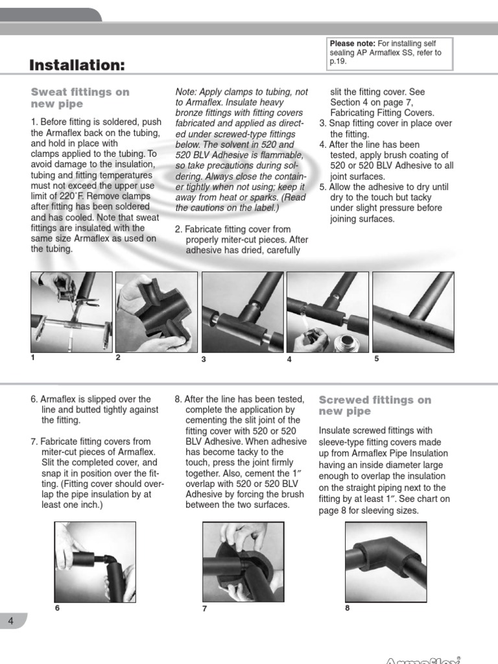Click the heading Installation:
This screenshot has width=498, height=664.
coord(77,65)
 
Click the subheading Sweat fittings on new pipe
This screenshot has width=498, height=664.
coord(80,98)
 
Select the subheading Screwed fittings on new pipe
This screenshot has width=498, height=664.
coord(375,406)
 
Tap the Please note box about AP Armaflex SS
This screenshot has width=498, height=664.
coord(390,53)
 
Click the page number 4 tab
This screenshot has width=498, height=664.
coord(11,621)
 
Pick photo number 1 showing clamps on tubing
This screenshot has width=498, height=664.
coord(71,311)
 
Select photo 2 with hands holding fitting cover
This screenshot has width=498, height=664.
coord(156,311)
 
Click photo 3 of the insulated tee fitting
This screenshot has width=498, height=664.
coord(243,311)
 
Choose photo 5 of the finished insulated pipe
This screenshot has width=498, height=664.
coord(412,311)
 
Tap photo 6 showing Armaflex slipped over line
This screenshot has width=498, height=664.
coord(95,562)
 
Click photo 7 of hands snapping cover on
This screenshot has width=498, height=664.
coord(243,562)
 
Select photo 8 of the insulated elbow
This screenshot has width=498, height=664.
coord(386,562)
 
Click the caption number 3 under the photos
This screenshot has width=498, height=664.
coord(204,359)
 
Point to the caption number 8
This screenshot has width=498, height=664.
coord(347,608)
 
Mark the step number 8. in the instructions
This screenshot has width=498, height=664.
coord(179,399)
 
